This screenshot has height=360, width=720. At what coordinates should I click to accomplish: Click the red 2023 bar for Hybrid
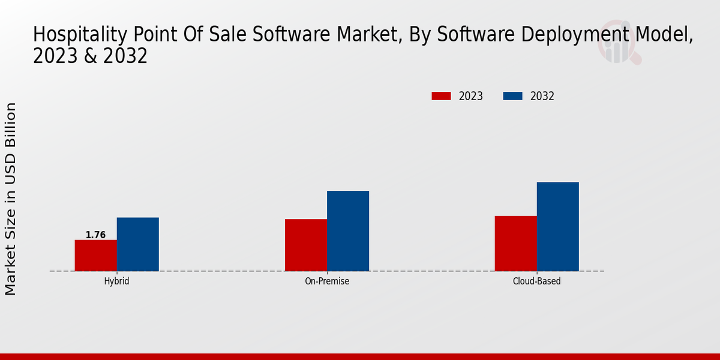(95, 256)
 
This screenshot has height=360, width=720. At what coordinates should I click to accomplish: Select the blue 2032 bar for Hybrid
(137, 244)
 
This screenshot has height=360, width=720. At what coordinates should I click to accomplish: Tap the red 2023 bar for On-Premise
(306, 245)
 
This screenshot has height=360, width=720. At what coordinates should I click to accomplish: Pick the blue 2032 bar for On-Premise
(348, 231)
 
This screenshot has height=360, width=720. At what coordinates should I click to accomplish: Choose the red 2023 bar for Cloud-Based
(515, 243)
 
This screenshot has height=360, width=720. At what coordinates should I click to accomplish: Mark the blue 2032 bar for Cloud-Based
(557, 226)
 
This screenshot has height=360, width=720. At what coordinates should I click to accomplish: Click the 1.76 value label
(95, 235)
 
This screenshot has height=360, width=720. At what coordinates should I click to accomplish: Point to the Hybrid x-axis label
(116, 281)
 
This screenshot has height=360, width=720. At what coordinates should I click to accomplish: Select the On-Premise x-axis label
(327, 281)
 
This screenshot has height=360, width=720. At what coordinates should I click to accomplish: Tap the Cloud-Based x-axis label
(536, 281)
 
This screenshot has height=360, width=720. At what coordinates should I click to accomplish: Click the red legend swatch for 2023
(441, 96)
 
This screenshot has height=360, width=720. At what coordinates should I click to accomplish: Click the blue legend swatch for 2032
(512, 96)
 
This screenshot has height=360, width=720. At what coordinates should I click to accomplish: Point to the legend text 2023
(471, 96)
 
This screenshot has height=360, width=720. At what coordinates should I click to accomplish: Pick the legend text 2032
(542, 96)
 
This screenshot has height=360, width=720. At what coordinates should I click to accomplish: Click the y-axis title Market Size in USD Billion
(11, 199)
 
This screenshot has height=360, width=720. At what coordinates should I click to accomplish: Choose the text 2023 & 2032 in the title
(90, 57)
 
